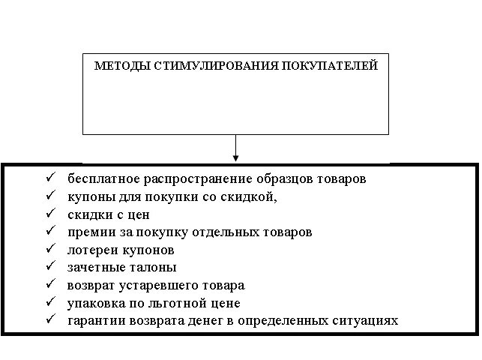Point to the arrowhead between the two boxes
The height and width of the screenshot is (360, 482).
pyautogui.click(x=235, y=157)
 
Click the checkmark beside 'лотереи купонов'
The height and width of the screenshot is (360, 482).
pyautogui.click(x=49, y=248)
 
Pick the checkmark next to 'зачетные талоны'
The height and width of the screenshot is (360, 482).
pyautogui.click(x=49, y=266)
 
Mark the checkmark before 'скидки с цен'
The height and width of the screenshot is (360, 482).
pyautogui.click(x=49, y=213)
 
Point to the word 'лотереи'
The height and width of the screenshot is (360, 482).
pyautogui.click(x=91, y=250)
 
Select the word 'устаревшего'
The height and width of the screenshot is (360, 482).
pyautogui.click(x=151, y=286)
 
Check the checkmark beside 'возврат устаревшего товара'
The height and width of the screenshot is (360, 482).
pyautogui.click(x=49, y=284)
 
